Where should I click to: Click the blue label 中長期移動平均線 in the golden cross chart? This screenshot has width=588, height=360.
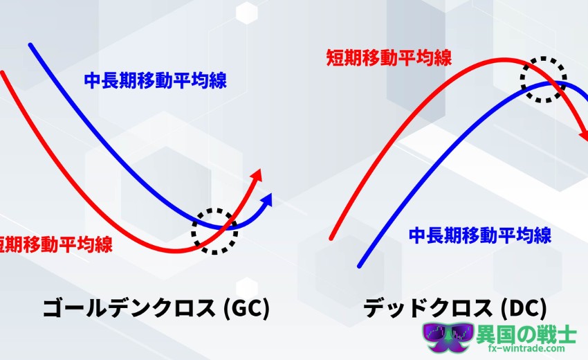(x=155, y=80)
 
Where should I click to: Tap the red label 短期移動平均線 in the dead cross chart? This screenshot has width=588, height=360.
(x=389, y=58)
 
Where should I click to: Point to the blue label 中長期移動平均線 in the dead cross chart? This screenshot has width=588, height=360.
(x=480, y=235)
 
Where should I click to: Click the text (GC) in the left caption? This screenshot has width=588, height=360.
(x=246, y=309)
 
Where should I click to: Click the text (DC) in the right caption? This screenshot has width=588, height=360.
(x=524, y=309)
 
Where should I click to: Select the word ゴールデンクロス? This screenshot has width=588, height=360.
(x=129, y=309)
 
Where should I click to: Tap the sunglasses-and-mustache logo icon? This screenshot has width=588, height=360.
(x=448, y=337)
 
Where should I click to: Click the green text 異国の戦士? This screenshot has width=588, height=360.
(x=526, y=334)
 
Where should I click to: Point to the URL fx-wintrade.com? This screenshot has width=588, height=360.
(x=526, y=348)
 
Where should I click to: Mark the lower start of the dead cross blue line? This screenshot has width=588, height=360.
(x=359, y=266)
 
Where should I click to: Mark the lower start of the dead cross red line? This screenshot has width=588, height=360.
(x=331, y=237)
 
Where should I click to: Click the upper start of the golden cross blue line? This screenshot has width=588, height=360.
(x=30, y=46)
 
